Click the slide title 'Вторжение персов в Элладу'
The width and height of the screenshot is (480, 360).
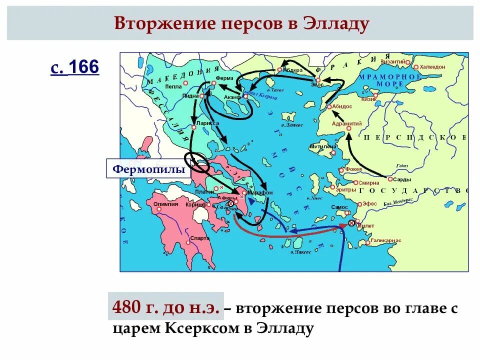coord(241,23)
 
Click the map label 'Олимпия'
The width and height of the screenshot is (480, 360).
coord(165,203)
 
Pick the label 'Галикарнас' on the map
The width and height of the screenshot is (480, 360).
coord(386,240)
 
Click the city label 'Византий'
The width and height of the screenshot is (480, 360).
coord(392,61)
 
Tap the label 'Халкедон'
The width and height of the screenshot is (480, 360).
coord(432,66)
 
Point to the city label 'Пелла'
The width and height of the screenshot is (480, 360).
coord(173,86)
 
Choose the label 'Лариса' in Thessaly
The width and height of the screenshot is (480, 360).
coord(207,122)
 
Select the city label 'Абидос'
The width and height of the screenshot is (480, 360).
coord(342,106)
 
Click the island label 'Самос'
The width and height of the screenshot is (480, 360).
coord(339,207)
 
